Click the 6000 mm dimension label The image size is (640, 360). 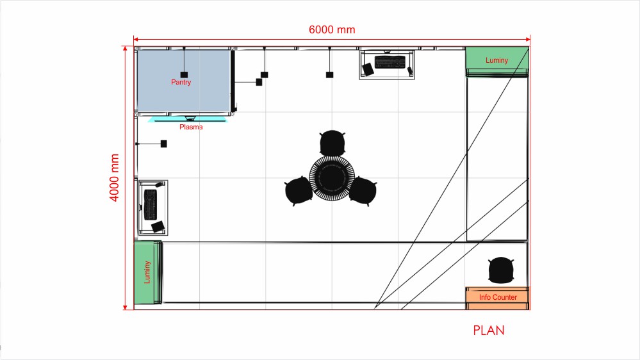tap(332, 30)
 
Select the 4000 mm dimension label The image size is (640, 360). tap(114, 177)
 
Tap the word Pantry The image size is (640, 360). tap(181, 83)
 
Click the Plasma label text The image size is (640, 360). tap(191, 127)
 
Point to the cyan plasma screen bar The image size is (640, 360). tap(187, 120)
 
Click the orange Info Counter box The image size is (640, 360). tap(498, 298)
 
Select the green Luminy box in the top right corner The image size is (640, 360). tap(497, 61)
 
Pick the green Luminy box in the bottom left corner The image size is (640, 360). tap(148, 272)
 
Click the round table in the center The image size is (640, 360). tap(332, 178)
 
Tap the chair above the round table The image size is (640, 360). tap(332, 143)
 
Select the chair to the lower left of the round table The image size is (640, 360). tap(299, 191)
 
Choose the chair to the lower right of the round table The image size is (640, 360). tap(363, 191)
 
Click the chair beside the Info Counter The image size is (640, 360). tap(501, 270)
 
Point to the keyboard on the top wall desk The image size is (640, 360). tap(390, 62)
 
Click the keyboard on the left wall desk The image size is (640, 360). tap(151, 204)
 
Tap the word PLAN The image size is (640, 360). tap(489, 330)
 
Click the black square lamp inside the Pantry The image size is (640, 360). tap(184, 75)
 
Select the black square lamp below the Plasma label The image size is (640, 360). tap(163, 143)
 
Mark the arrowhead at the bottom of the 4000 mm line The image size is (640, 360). tap(125, 307)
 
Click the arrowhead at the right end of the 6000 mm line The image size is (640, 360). tap(528, 39)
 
